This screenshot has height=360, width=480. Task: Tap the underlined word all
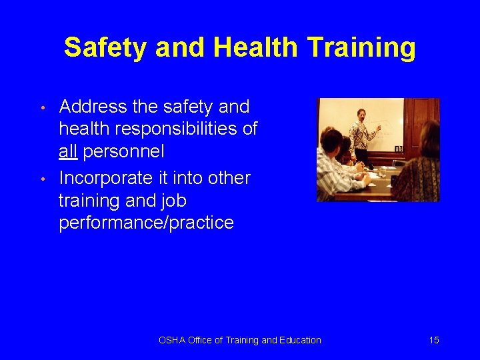click(68, 151)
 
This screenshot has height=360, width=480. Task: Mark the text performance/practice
click(146, 223)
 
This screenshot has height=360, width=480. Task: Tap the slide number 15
click(434, 340)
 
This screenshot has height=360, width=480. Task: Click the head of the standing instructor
click(361, 114)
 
